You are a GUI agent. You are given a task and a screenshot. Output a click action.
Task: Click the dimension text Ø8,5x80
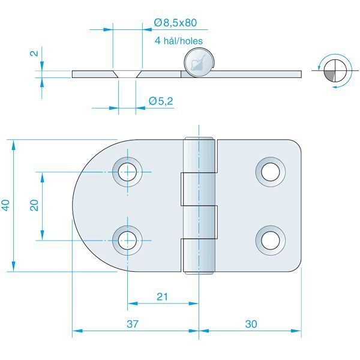176,23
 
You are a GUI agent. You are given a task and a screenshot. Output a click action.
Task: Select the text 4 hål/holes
178,41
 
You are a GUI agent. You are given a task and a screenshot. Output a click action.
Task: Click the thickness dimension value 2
35,53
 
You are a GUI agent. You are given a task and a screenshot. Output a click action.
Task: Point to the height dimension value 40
5,205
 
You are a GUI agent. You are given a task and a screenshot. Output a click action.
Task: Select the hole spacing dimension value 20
34,205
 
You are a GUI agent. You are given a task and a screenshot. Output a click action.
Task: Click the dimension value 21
161,296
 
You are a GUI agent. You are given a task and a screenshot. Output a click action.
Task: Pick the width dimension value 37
133,324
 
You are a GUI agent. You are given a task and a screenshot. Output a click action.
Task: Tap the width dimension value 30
251,324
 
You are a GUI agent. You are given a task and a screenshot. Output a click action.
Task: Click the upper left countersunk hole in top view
127,172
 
